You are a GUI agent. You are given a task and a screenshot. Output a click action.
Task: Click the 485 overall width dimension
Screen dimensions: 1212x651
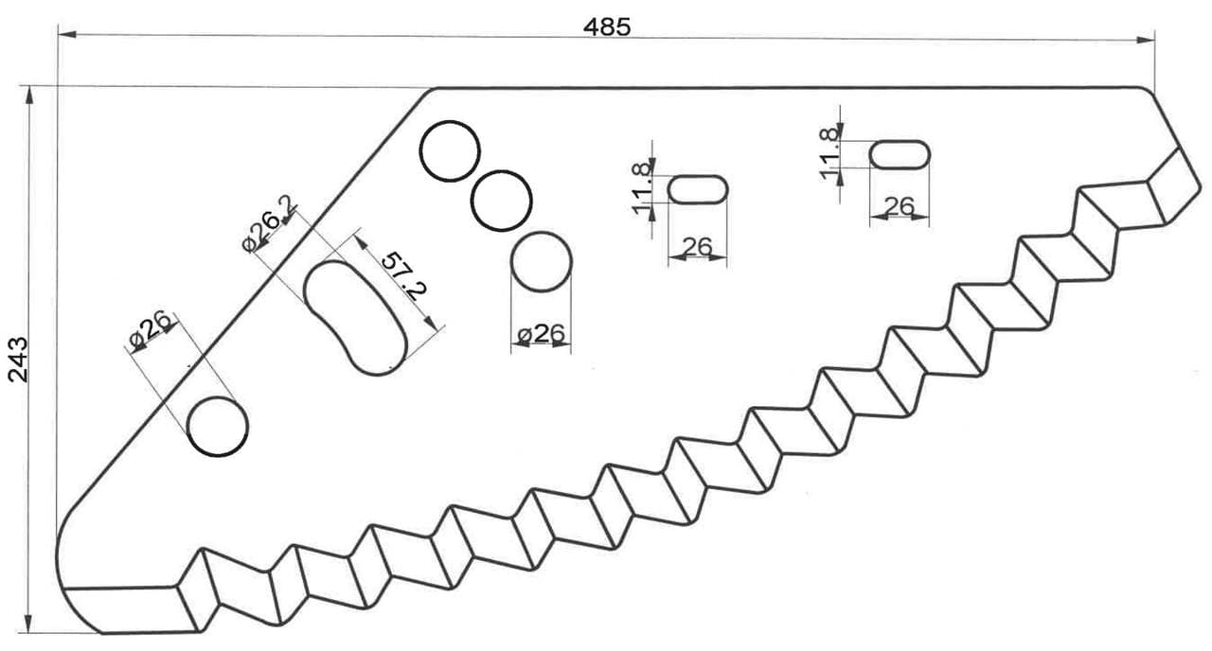click(x=607, y=27)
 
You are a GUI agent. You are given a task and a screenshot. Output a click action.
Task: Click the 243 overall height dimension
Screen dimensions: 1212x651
click(x=18, y=360)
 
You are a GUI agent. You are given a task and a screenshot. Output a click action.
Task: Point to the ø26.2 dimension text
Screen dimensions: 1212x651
click(x=270, y=223)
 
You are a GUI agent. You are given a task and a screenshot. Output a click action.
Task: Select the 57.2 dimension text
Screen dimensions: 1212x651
click(x=403, y=275)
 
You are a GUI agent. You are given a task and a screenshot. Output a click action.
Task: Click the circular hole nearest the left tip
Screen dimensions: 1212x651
click(x=218, y=427)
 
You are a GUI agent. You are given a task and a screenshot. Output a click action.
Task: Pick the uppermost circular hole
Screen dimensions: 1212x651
click(x=450, y=151)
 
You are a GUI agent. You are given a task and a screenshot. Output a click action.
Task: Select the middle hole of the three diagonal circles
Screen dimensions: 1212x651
click(x=502, y=201)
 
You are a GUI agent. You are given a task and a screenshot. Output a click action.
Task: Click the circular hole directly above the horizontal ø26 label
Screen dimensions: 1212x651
click(x=541, y=262)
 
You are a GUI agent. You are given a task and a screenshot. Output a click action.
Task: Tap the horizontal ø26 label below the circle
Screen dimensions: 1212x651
click(x=541, y=334)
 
